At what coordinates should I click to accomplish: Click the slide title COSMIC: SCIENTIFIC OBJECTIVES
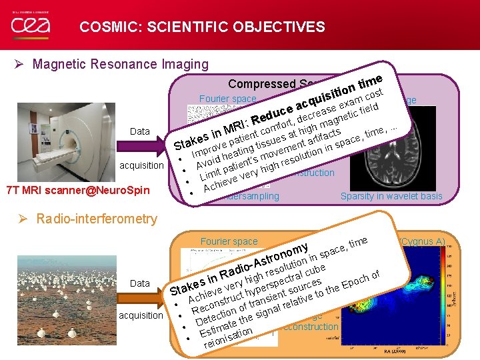[x=202, y=27]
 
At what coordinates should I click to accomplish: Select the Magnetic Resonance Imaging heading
[x=120, y=64]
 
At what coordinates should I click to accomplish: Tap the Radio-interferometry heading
[x=97, y=219]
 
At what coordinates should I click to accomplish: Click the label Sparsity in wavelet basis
[x=391, y=196]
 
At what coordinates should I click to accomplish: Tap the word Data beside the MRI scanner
[x=139, y=131]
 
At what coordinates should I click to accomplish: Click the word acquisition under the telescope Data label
[x=141, y=315]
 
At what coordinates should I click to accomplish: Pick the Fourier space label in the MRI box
[x=227, y=99]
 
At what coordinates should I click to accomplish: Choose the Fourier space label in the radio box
[x=229, y=241]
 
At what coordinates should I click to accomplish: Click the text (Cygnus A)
[x=421, y=241]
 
